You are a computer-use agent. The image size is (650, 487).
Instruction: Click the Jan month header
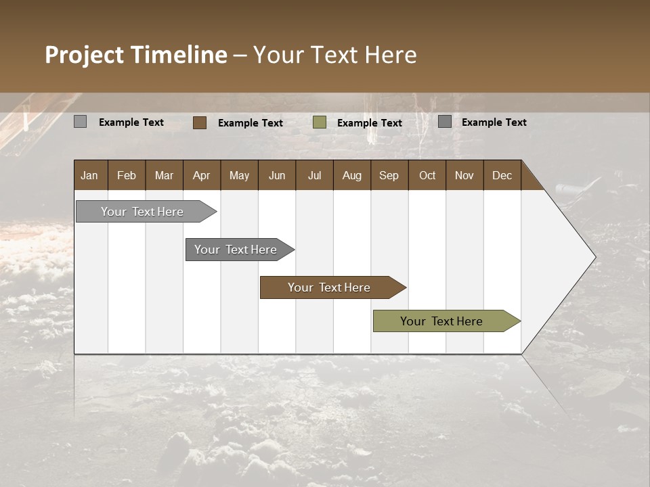[90, 175]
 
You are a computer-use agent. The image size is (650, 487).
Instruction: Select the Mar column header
[164, 175]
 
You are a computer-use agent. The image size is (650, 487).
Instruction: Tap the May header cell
[239, 175]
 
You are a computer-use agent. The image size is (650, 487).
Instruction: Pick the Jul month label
[314, 175]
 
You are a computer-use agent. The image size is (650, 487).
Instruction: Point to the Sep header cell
[389, 175]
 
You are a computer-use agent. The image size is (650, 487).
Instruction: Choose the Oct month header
[427, 175]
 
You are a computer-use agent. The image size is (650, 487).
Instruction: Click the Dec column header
[502, 175]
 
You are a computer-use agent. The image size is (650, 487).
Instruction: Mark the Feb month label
[127, 175]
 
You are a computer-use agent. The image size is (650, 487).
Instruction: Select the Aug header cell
[351, 175]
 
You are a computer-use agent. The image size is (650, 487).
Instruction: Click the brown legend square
[200, 122]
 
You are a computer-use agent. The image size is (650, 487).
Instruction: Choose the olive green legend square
[320, 122]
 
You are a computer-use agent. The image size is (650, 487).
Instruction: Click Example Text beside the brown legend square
[251, 123]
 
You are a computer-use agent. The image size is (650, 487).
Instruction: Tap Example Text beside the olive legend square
[370, 123]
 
